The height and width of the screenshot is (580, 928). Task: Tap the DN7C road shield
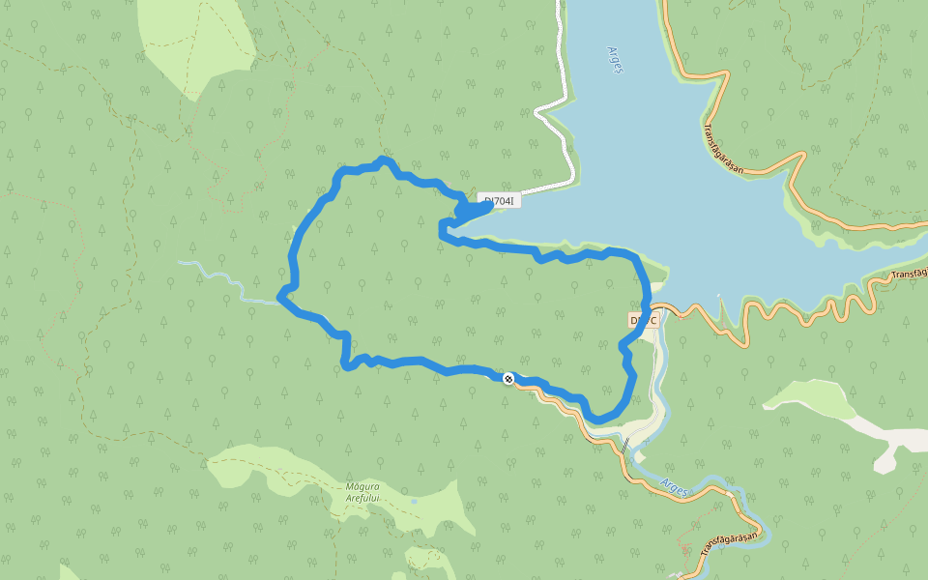click(644, 320)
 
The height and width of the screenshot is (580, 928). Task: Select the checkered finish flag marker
click(507, 378)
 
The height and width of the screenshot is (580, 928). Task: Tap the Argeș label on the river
click(675, 485)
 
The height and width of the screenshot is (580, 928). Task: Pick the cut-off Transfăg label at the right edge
click(909, 273)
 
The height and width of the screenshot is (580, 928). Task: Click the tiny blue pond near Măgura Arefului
click(413, 502)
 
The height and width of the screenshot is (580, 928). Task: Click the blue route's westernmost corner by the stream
click(280, 296)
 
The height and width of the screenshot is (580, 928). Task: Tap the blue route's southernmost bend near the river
click(599, 418)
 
